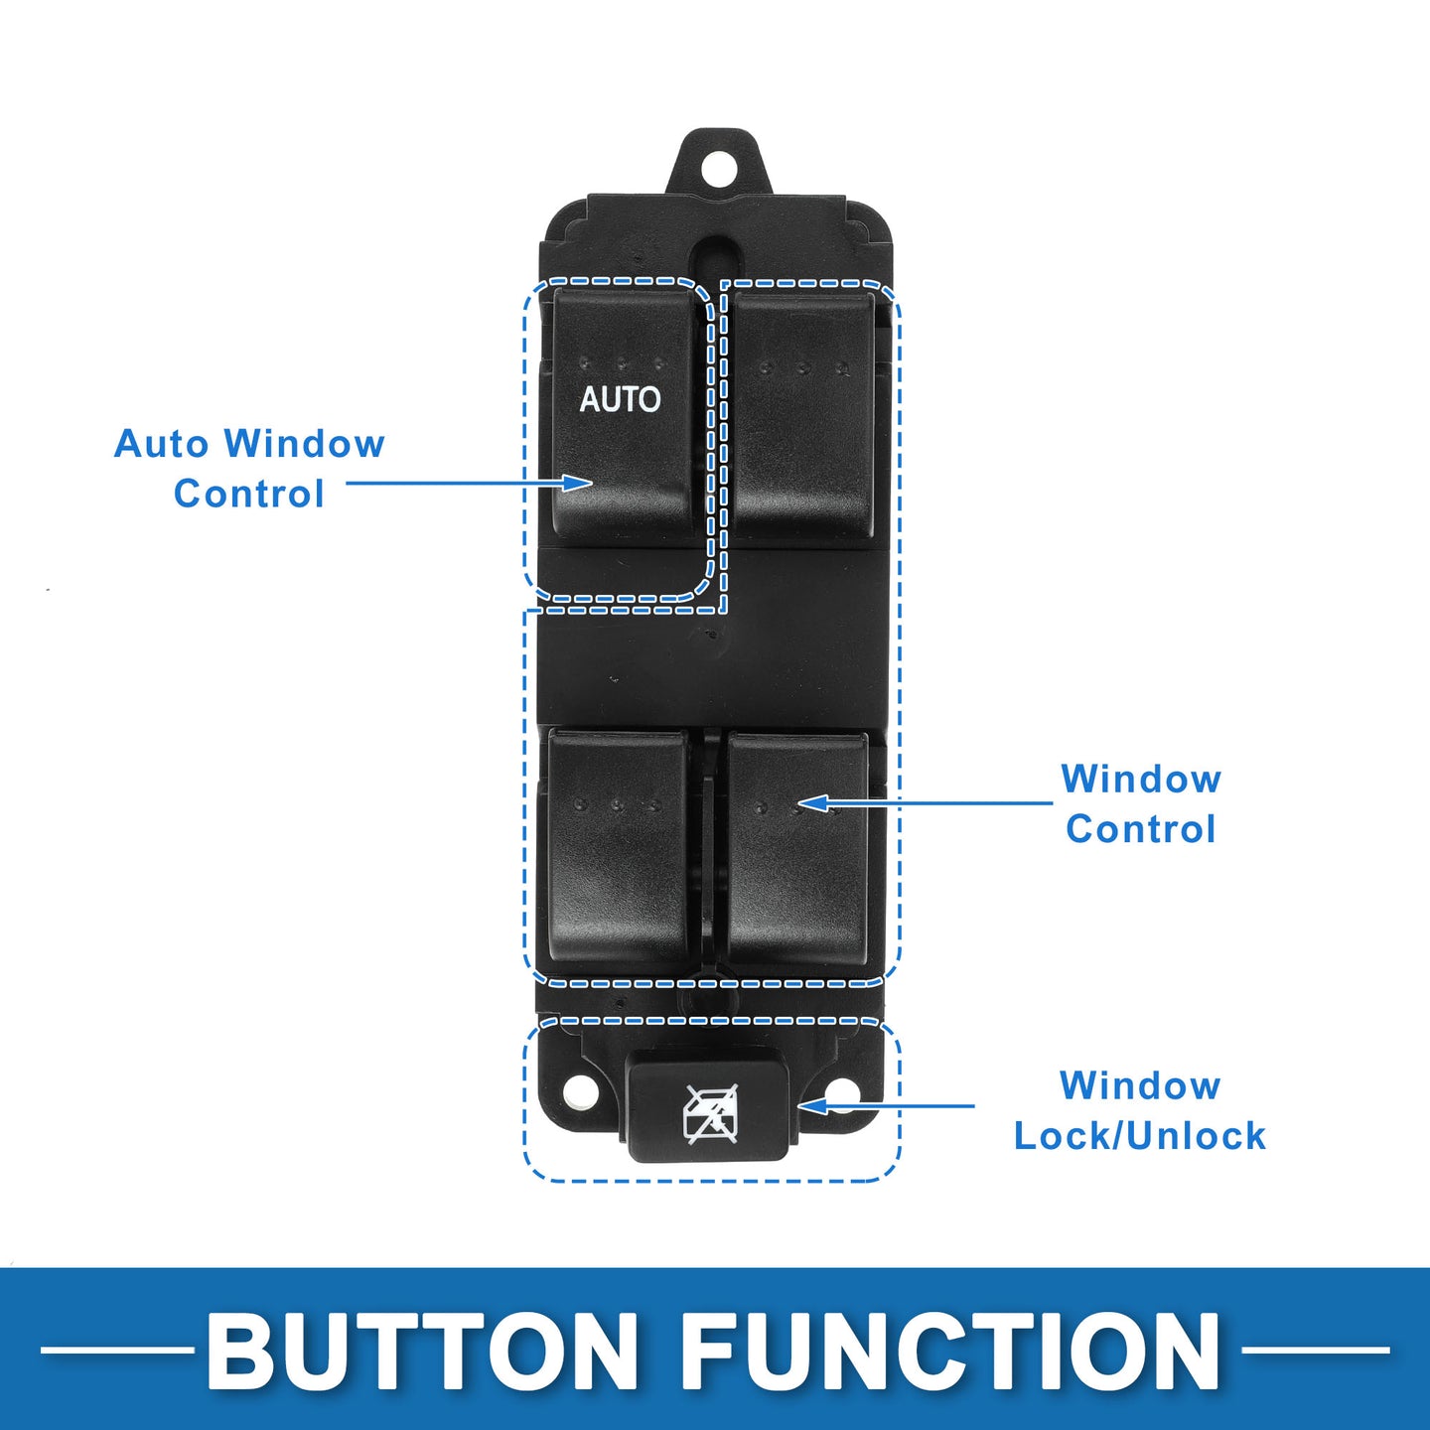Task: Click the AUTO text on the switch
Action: [620, 399]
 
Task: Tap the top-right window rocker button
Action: [803, 414]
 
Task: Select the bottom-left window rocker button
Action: [618, 847]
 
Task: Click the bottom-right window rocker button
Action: [797, 849]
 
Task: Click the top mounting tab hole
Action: [715, 169]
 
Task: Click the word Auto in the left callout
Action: [161, 444]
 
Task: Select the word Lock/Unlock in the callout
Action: [1140, 1136]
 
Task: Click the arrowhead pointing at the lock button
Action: [812, 1106]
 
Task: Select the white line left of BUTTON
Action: [117, 1351]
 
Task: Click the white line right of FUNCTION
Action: [1315, 1351]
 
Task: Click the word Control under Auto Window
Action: [249, 494]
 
